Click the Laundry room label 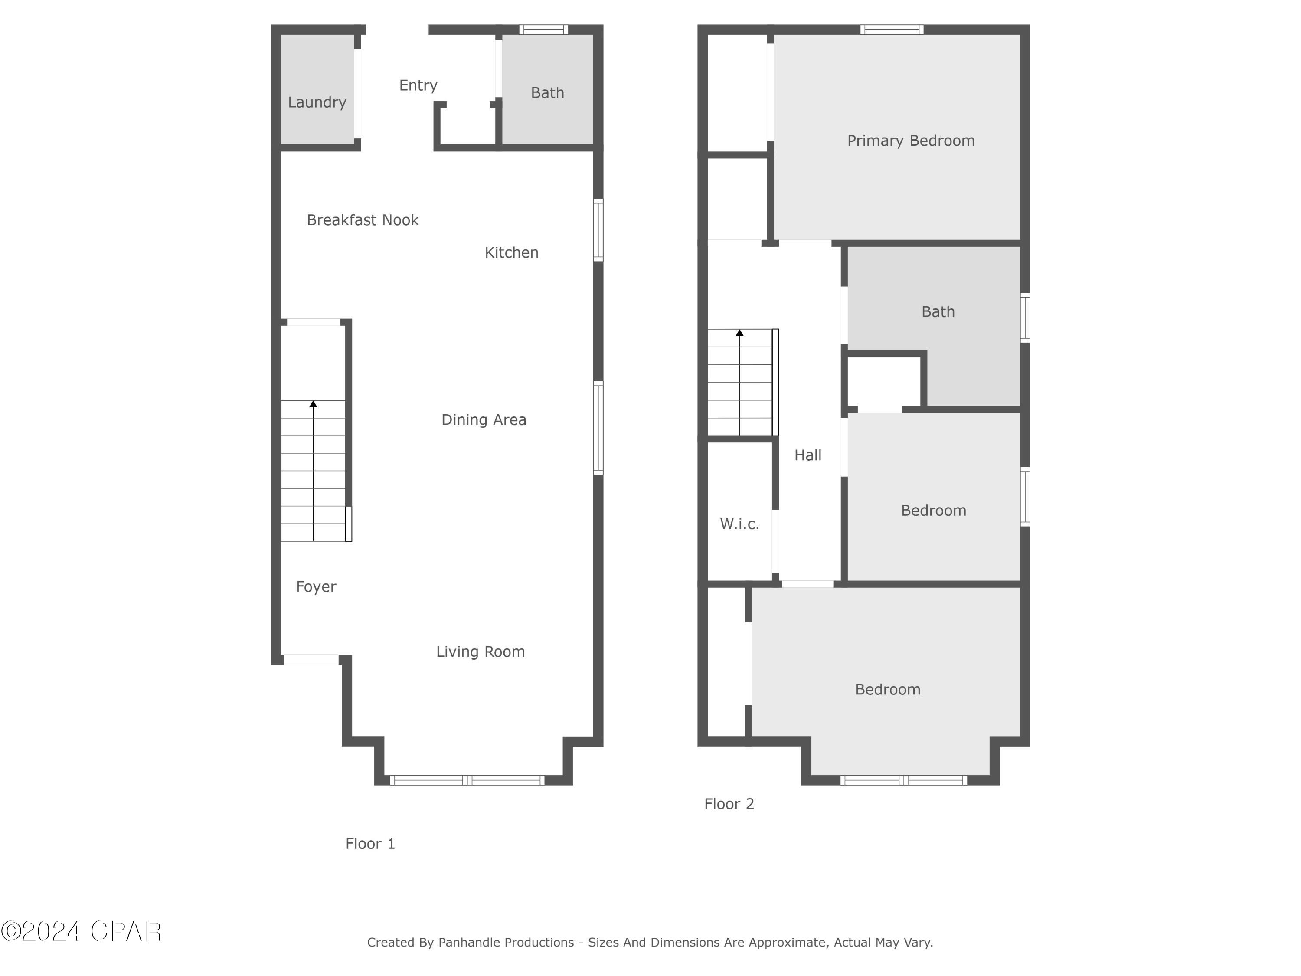[317, 102]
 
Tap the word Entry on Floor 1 [418, 85]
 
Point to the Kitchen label [511, 252]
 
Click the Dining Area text [484, 419]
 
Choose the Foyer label [316, 586]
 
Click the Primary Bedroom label [910, 141]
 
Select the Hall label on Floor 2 [807, 455]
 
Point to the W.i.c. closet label [739, 524]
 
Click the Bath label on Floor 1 [547, 93]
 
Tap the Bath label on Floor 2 [938, 312]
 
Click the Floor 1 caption [370, 844]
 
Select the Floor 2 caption [729, 804]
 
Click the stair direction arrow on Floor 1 [313, 404]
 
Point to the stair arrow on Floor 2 [739, 333]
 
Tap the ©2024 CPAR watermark [81, 932]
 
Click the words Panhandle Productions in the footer [506, 943]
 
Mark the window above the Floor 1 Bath [543, 29]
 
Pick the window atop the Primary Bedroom [891, 29]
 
